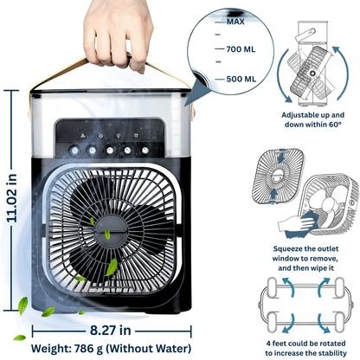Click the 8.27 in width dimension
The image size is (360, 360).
pos(112,330)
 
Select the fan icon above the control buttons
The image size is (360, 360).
pos(85,136)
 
